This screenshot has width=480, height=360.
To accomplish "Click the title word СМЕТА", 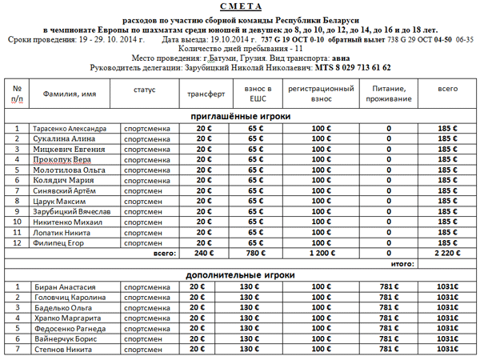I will pyautogui.click(x=240, y=6).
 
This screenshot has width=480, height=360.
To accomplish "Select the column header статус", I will pyautogui.click(x=145, y=88).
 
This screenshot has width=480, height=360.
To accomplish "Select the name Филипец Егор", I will pyautogui.click(x=58, y=242).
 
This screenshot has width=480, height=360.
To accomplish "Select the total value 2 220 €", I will pyautogui.click(x=447, y=253).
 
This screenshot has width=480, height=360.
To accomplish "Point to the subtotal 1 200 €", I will pyautogui.click(x=320, y=253).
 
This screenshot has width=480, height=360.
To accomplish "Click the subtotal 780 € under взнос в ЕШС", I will pyautogui.click(x=255, y=253).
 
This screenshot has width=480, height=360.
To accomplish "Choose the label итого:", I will pyautogui.click(x=402, y=263).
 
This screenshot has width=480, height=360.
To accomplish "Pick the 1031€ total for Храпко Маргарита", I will pyautogui.click(x=447, y=318).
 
